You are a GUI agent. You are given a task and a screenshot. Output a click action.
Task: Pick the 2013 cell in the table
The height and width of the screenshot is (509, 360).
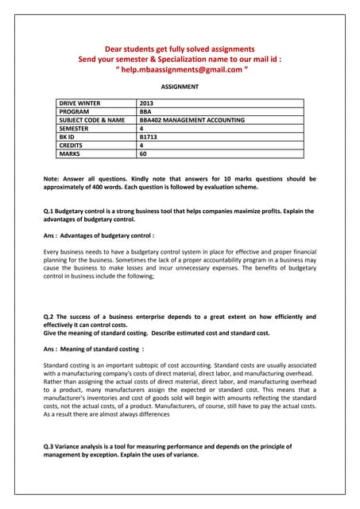(146, 103)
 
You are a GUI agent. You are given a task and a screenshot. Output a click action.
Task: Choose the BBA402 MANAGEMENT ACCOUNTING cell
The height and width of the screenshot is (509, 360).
(192, 120)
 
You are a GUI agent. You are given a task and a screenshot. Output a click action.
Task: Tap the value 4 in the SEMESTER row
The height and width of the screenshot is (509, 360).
(141, 129)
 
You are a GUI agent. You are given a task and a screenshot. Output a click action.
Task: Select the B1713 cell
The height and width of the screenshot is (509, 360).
(148, 138)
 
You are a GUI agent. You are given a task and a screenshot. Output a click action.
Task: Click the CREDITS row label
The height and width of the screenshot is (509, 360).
(74, 146)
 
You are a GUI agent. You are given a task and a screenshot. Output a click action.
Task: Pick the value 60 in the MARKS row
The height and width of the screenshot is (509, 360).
(143, 155)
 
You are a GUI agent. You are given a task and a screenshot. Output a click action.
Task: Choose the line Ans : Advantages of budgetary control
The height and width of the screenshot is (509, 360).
(99, 235)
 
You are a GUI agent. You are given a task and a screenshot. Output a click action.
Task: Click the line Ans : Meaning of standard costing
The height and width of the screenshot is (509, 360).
(94, 348)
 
